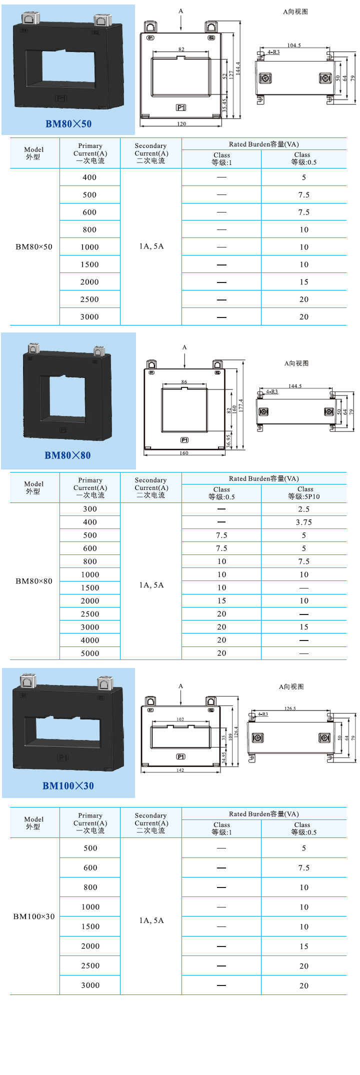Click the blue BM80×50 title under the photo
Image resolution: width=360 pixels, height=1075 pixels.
tap(68, 124)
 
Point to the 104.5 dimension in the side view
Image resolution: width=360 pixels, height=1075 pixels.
tap(294, 45)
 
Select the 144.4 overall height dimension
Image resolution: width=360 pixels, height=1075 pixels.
tap(238, 68)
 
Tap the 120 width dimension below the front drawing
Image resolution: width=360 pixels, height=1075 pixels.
tap(181, 123)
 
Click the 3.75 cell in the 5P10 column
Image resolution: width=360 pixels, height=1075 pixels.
tap(304, 522)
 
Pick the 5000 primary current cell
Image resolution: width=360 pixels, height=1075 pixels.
tap(90, 653)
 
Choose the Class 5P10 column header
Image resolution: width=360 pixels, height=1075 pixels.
tap(304, 493)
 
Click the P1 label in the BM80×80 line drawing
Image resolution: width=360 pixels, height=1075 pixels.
tap(184, 440)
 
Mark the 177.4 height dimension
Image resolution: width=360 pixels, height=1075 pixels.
tap(241, 405)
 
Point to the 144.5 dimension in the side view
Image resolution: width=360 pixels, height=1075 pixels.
tap(295, 386)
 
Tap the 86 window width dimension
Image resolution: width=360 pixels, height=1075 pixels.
tap(184, 382)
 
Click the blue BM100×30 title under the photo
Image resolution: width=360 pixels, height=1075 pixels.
tap(68, 785)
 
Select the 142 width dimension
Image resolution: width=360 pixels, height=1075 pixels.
tap(180, 770)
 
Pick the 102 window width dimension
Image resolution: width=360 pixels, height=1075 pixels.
tap(180, 719)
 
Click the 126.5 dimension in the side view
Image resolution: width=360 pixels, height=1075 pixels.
tap(290, 708)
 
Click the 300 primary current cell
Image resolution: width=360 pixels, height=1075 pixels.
tap(90, 509)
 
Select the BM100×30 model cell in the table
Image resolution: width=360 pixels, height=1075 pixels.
tap(34, 916)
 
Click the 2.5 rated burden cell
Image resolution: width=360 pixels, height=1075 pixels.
tap(304, 509)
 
